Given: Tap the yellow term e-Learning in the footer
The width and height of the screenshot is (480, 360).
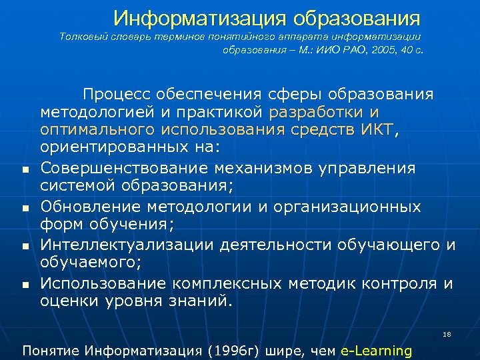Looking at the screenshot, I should [376, 350].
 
